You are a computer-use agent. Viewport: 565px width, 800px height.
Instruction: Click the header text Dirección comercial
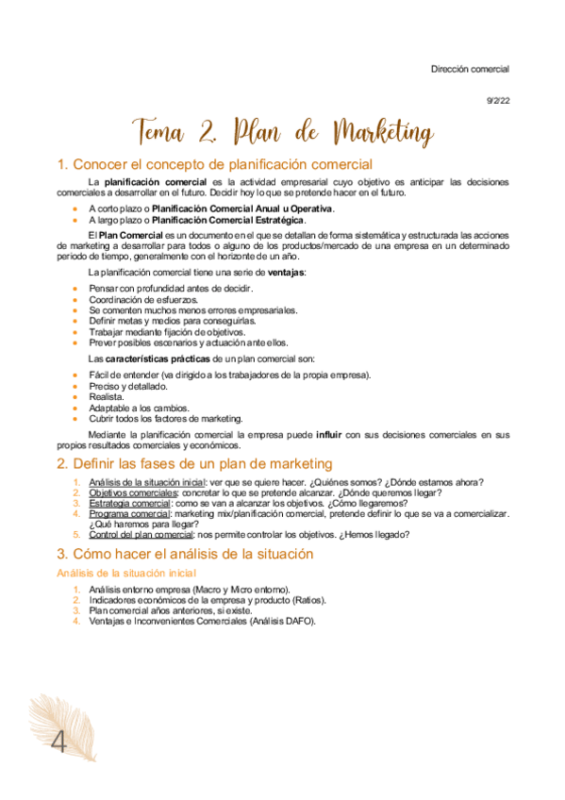click(x=470, y=69)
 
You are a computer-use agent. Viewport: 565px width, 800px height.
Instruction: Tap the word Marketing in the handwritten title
click(x=368, y=130)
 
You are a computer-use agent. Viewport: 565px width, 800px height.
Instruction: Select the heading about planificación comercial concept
click(x=215, y=164)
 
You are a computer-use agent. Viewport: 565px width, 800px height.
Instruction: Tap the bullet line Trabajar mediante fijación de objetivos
click(x=167, y=332)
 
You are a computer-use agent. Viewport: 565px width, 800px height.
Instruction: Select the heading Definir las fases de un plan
click(x=194, y=463)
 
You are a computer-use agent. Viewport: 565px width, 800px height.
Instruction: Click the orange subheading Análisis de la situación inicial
click(x=125, y=573)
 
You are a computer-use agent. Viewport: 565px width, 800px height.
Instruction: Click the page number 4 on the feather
click(x=58, y=742)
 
